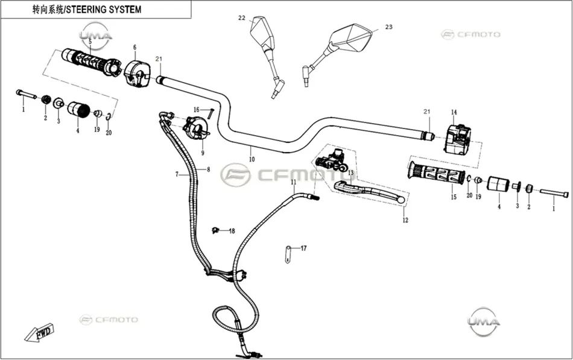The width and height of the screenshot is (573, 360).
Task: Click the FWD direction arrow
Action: click(39, 333)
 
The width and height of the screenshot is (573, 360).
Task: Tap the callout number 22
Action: click(242, 18)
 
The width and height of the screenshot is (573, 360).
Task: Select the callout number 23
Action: click(389, 27)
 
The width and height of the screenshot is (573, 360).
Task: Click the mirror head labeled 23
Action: click(350, 37)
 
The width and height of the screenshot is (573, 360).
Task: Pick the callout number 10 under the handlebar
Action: click(252, 159)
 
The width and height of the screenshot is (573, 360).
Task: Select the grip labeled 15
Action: click(436, 174)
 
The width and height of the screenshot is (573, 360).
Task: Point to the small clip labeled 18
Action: click(215, 230)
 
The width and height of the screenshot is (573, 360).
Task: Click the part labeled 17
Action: click(288, 254)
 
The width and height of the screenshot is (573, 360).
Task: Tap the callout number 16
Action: click(197, 110)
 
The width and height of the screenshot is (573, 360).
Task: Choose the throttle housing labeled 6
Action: click(137, 74)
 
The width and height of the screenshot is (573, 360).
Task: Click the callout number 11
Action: click(294, 182)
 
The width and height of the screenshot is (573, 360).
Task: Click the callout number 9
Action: click(203, 153)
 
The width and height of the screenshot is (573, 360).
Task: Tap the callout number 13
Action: click(351, 172)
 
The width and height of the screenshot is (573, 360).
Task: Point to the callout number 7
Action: click(177, 174)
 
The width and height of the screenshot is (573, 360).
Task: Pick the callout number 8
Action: click(208, 169)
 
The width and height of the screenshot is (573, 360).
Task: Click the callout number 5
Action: click(90, 41)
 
